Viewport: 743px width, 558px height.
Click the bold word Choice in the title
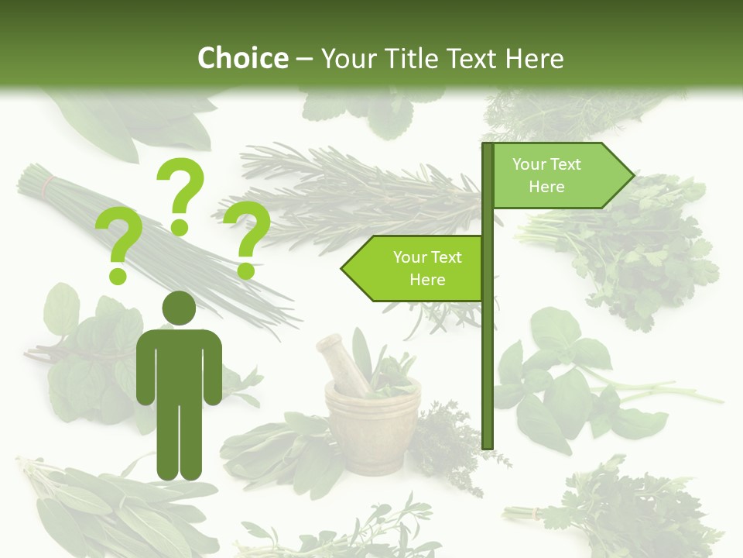click(x=242, y=58)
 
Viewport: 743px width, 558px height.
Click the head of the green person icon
click(x=179, y=308)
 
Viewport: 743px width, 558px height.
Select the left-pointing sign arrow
click(x=413, y=268)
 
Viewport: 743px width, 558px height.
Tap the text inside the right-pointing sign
click(x=546, y=175)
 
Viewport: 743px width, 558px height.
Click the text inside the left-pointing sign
click(x=427, y=268)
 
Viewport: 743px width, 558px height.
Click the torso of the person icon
click(x=179, y=364)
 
